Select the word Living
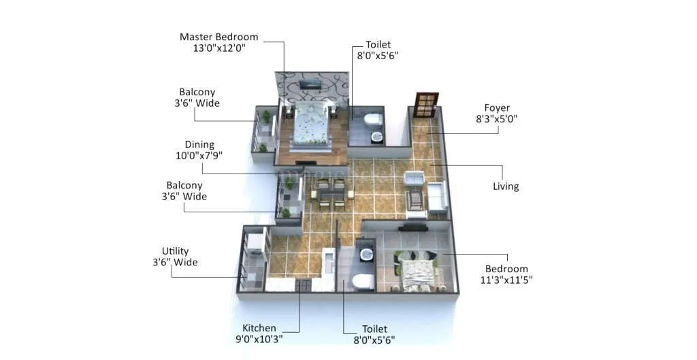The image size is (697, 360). (506, 186)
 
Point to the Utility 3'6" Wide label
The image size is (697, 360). (175, 257)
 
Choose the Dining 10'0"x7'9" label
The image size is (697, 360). (199, 150)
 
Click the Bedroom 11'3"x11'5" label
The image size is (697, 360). (506, 274)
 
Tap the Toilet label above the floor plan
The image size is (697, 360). (377, 50)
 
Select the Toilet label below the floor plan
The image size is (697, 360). (374, 334)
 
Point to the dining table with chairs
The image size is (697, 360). (330, 194)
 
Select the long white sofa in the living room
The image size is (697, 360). (436, 195)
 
